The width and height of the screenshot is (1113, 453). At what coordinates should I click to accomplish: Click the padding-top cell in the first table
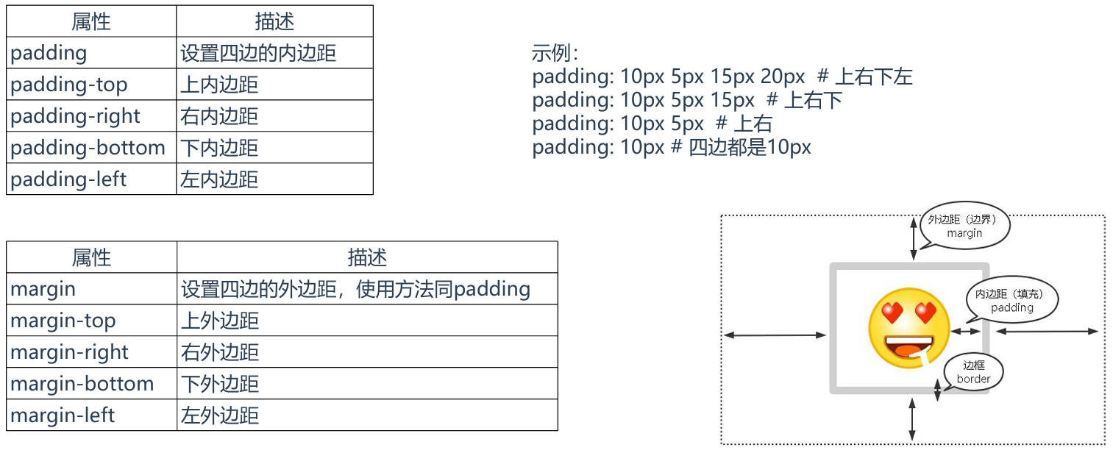pyautogui.click(x=69, y=85)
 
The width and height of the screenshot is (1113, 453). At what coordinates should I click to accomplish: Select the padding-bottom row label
pyautogui.click(x=88, y=148)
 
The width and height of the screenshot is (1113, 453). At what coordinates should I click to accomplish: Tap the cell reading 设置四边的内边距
pyautogui.click(x=258, y=53)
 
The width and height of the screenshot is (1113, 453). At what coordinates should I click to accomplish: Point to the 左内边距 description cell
pyautogui.click(x=219, y=179)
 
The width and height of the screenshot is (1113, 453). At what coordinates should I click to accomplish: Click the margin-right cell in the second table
pyautogui.click(x=70, y=352)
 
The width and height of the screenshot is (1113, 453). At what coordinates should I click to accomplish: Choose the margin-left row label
pyautogui.click(x=63, y=415)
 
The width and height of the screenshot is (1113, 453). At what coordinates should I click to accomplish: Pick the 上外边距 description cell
pyautogui.click(x=220, y=321)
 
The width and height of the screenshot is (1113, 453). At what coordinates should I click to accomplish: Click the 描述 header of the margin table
pyautogui.click(x=367, y=257)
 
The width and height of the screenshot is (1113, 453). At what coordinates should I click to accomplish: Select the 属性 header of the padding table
pyautogui.click(x=91, y=21)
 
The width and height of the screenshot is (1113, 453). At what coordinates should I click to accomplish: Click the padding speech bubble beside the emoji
pyautogui.click(x=1012, y=301)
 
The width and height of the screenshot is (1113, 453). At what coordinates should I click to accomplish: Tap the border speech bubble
pyautogui.click(x=973, y=372)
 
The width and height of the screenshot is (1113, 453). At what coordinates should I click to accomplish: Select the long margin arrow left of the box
pyautogui.click(x=775, y=335)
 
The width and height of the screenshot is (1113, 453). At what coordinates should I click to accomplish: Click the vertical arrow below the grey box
pyautogui.click(x=912, y=419)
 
